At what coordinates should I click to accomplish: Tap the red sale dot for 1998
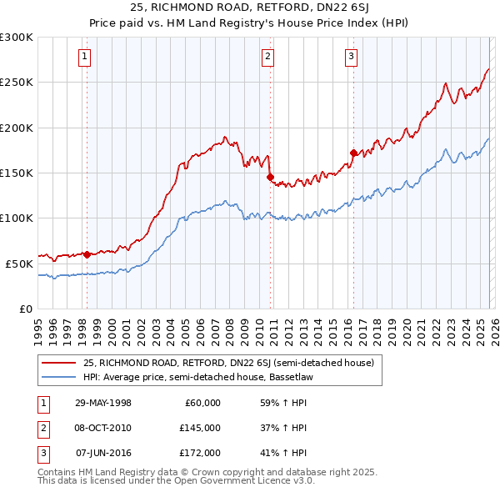coord(87,254)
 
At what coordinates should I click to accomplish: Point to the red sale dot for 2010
coord(270,177)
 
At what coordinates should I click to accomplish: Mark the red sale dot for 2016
coord(353,153)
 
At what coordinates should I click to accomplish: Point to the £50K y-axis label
coord(19,264)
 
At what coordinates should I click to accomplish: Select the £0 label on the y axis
coord(26,309)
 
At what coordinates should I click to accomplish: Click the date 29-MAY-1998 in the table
coord(102,403)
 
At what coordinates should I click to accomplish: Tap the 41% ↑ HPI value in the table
coord(283,453)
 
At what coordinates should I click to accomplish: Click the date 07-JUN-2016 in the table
coord(103,453)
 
